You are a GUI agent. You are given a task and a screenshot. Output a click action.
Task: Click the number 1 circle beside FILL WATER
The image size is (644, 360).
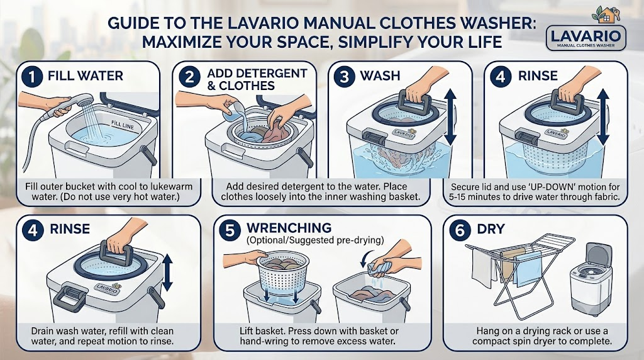coord(33,76)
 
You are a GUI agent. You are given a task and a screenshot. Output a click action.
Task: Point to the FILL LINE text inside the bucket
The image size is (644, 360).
coord(123,125)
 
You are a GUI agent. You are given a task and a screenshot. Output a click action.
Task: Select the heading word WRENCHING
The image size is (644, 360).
coord(289,228)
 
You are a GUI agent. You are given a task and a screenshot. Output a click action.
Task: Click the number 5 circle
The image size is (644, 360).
coord(229,230)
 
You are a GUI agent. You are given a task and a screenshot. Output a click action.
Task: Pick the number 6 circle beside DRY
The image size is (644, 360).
coord(460,230)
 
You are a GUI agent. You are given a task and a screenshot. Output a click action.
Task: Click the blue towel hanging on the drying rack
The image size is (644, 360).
coord(528,269)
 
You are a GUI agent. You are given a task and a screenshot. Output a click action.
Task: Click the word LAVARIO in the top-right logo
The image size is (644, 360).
coord(586,35)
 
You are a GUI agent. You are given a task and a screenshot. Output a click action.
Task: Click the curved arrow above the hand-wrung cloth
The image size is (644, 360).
coord(367,256)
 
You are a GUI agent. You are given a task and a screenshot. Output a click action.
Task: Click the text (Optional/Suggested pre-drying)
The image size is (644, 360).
coord(315,240)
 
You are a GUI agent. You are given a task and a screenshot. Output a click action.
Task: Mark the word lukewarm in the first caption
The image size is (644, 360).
coord(172,186)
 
